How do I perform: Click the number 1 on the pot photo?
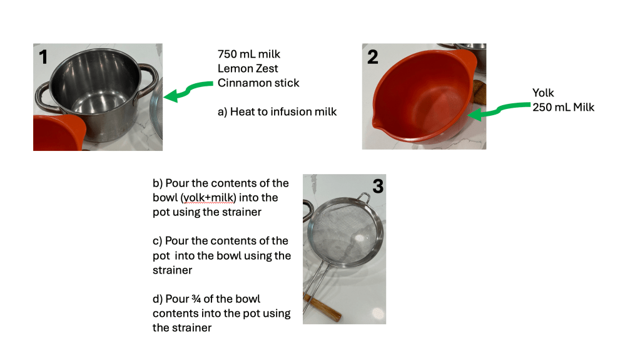tap(43, 57)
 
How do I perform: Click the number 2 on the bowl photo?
tap(373, 57)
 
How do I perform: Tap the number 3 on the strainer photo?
tap(378, 186)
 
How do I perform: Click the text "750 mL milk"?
tap(249, 54)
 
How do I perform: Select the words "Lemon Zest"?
tap(248, 68)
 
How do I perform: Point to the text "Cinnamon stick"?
tap(258, 83)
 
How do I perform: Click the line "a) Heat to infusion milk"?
tap(277, 111)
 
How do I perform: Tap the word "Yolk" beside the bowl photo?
tap(543, 93)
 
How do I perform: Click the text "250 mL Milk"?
tap(563, 107)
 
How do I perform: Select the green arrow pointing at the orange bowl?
tap(499, 110)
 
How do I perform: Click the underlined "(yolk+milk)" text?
tap(208, 198)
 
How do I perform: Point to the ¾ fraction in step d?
tap(196, 299)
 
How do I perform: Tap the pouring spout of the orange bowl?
tap(375, 121)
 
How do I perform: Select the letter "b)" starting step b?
tap(158, 183)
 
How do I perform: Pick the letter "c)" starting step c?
tap(158, 241)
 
